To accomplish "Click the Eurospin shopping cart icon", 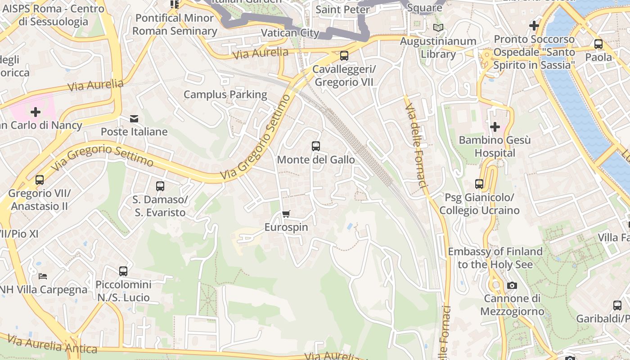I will click(x=286, y=214).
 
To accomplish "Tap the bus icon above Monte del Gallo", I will click(x=316, y=146).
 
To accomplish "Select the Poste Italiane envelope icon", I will click(x=134, y=119).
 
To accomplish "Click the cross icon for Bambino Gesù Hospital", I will click(x=495, y=127).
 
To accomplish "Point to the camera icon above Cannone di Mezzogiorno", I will click(x=512, y=285).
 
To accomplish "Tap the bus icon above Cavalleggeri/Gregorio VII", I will click(x=344, y=56).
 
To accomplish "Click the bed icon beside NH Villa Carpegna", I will click(x=43, y=276).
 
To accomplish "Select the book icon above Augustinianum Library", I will click(x=438, y=27).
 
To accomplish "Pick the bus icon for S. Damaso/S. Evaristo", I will click(x=160, y=186).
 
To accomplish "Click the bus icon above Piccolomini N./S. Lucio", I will click(x=123, y=271).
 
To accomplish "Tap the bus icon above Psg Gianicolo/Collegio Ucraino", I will click(x=479, y=184).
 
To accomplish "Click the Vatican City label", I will click(x=290, y=33).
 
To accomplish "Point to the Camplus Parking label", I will click(x=225, y=94).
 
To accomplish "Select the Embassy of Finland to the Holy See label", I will click(x=495, y=258).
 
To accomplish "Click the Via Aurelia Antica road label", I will click(x=52, y=344).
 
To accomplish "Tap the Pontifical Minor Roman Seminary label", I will click(x=175, y=25).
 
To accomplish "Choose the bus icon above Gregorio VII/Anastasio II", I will click(x=40, y=180).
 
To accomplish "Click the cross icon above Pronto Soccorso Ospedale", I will click(x=534, y=26).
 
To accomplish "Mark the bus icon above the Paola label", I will click(x=598, y=44).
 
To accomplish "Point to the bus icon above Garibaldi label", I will click(x=617, y=306).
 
